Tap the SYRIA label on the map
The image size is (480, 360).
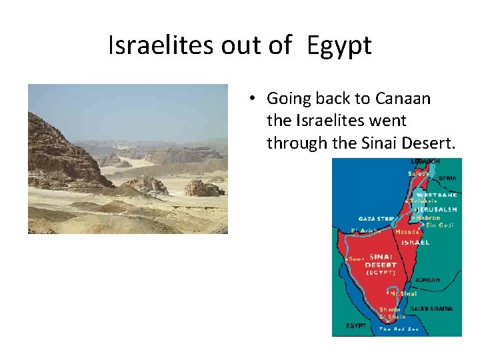pyautogui.click(x=447, y=178)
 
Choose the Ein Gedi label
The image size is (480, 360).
pyautogui.click(x=439, y=225)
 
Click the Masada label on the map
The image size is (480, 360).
pyautogui.click(x=407, y=232)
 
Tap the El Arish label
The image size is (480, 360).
pyautogui.click(x=366, y=231)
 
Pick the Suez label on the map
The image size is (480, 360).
pyautogui.click(x=357, y=258)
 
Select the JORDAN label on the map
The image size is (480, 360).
pyautogui.click(x=427, y=280)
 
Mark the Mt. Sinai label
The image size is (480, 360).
pyautogui.click(x=403, y=293)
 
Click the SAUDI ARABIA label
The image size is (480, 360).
pyautogui.click(x=431, y=309)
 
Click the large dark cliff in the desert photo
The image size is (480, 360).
pyautogui.click(x=60, y=153)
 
